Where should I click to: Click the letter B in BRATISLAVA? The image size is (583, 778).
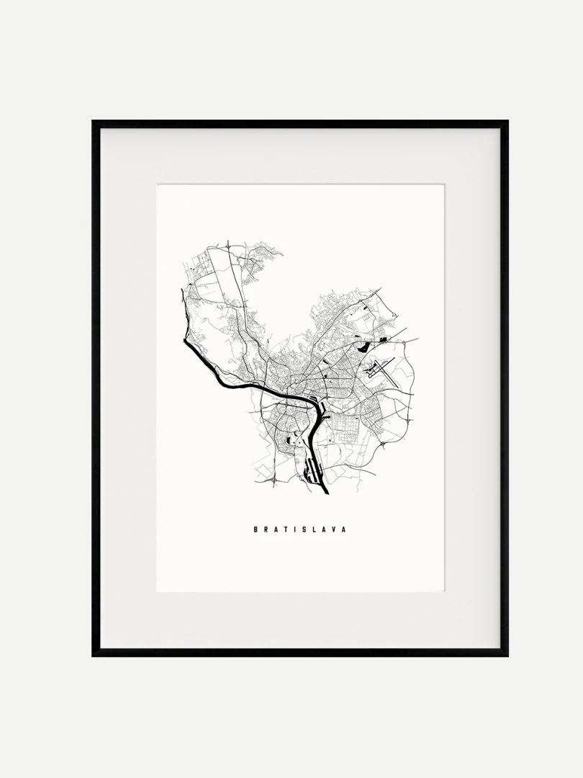point(256,529)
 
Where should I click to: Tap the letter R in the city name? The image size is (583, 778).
point(266,529)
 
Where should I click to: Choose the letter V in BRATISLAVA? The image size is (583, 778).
point(334,529)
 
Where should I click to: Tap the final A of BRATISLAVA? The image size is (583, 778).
point(344,529)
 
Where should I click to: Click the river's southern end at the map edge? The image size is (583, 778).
point(327,493)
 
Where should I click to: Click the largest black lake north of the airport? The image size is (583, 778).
point(382,339)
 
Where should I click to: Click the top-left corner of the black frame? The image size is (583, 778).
point(94,122)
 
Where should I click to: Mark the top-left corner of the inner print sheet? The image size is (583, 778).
point(158,185)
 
